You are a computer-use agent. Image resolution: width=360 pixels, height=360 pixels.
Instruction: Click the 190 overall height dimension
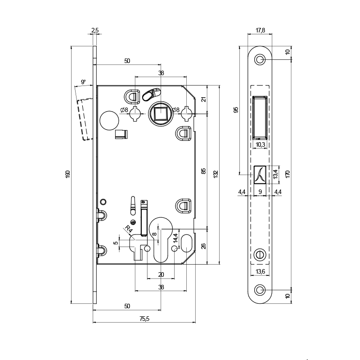click(68, 174)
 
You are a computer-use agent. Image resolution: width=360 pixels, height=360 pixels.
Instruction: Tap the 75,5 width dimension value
click(144, 319)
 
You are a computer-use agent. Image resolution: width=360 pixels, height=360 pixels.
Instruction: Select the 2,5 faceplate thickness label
click(95, 30)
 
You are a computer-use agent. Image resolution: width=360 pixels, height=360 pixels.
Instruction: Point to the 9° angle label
click(83, 82)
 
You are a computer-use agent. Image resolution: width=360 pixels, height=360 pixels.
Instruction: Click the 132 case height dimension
click(216, 174)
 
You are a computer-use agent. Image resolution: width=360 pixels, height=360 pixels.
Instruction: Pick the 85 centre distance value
click(204, 171)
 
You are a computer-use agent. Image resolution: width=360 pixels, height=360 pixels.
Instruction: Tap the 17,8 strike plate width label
click(260, 30)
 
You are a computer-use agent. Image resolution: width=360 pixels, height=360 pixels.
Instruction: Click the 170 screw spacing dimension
click(288, 174)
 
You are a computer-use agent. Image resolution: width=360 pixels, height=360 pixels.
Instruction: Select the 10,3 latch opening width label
click(260, 144)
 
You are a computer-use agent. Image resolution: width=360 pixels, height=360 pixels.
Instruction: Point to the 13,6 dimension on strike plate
click(260, 271)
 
